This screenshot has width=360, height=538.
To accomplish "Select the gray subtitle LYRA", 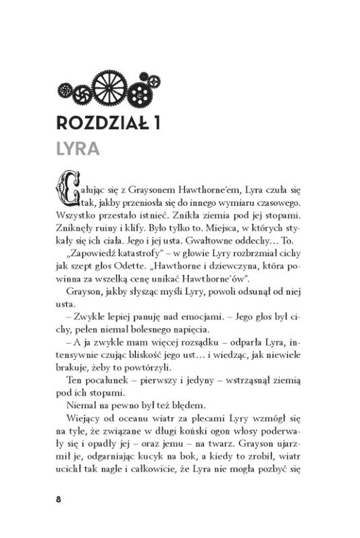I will (x=78, y=149).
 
